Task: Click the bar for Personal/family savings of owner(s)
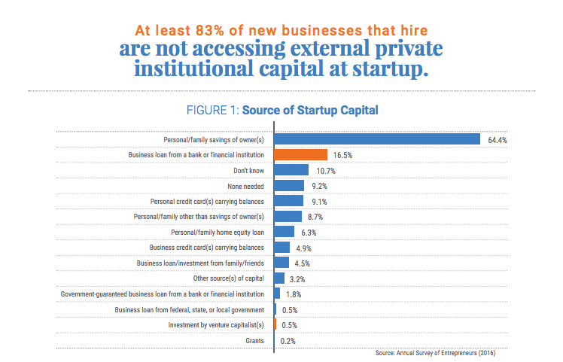point(377,139)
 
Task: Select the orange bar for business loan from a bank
point(300,154)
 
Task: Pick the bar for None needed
point(289,185)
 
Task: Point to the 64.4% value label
point(498,140)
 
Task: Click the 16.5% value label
point(342,155)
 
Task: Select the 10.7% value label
point(324,171)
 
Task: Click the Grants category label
point(254,340)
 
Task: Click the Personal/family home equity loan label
point(218,232)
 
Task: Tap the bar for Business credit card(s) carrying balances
point(281,247)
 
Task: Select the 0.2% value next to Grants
point(288,340)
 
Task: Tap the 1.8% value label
point(294,294)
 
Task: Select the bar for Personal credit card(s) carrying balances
point(288,201)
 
